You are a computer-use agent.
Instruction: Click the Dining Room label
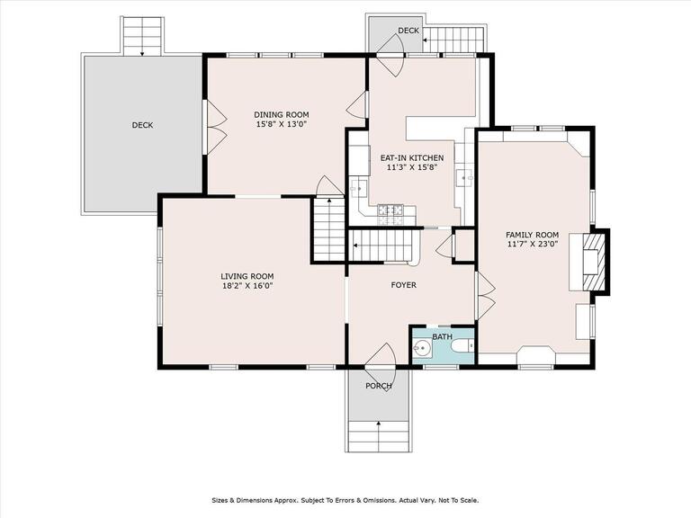click(x=281, y=115)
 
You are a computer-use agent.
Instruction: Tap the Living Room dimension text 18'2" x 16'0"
click(x=247, y=286)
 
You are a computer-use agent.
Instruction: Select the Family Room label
click(x=532, y=236)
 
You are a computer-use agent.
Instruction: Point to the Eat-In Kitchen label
click(x=412, y=157)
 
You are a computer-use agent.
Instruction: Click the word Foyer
click(x=404, y=285)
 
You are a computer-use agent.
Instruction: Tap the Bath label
click(x=442, y=337)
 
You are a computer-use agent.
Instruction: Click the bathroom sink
click(x=422, y=349)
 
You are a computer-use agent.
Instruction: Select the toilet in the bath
click(x=461, y=345)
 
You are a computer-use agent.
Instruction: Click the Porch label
click(x=379, y=387)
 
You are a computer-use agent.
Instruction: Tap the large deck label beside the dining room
click(x=143, y=125)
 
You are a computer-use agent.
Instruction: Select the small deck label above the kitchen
click(x=408, y=31)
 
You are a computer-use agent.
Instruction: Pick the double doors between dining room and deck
click(x=216, y=128)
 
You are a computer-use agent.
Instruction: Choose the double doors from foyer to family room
click(x=486, y=295)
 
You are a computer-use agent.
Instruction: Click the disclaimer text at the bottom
click(x=345, y=500)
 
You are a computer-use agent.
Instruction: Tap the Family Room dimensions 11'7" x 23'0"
click(x=532, y=244)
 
